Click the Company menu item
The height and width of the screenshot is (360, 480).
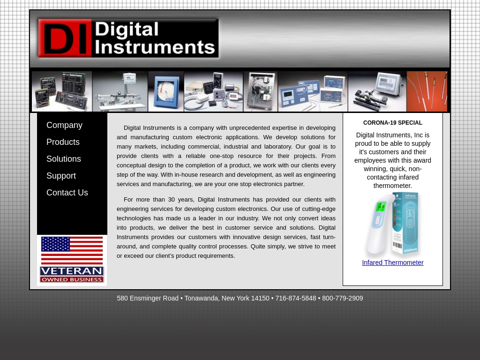click(64, 125)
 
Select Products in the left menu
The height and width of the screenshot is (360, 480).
click(63, 142)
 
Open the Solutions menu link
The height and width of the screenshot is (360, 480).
click(64, 159)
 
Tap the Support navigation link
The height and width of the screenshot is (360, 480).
click(61, 176)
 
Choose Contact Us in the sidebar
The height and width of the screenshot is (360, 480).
click(67, 193)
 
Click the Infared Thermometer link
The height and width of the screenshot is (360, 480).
click(392, 262)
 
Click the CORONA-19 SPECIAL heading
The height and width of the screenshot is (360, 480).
click(392, 123)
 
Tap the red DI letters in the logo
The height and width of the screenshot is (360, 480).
click(65, 38)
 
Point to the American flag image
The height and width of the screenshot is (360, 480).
click(72, 250)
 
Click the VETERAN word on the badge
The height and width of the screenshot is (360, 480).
click(72, 271)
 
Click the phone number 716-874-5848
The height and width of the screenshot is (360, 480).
click(295, 298)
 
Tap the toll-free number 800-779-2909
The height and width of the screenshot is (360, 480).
click(342, 298)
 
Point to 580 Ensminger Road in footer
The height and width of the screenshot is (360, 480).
click(148, 298)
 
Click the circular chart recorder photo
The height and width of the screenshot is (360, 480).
click(166, 91)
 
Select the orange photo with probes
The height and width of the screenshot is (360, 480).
click(427, 91)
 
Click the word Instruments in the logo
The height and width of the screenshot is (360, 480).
click(155, 47)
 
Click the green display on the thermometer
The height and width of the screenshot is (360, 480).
click(381, 207)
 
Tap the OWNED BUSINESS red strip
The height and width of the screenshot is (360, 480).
click(72, 280)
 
